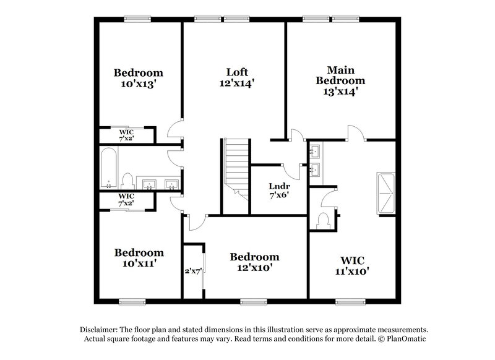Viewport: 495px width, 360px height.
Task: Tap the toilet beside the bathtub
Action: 127,181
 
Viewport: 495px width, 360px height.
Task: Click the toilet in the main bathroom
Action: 322,220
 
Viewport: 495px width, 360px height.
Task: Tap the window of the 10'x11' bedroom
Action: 132,302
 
